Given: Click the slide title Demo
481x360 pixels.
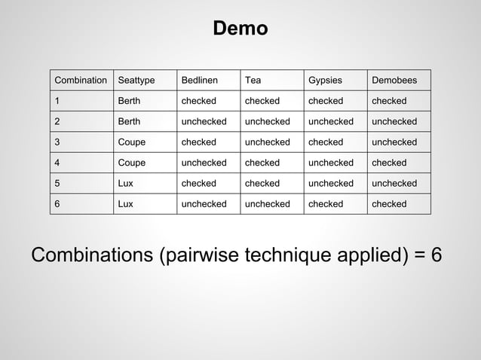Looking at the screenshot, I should (x=240, y=29).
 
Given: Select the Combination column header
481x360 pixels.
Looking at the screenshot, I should (x=81, y=81).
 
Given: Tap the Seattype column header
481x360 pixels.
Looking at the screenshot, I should (x=136, y=81).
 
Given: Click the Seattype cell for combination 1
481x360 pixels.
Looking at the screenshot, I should (x=129, y=101).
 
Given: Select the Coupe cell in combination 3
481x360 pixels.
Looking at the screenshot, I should (x=132, y=142).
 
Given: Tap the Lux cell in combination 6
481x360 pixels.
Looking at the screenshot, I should (x=126, y=204).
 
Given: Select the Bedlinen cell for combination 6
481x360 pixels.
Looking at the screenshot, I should (x=204, y=204).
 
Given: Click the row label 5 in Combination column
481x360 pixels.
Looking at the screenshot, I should (x=57, y=183).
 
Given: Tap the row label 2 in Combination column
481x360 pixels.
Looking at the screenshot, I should (x=57, y=121).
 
